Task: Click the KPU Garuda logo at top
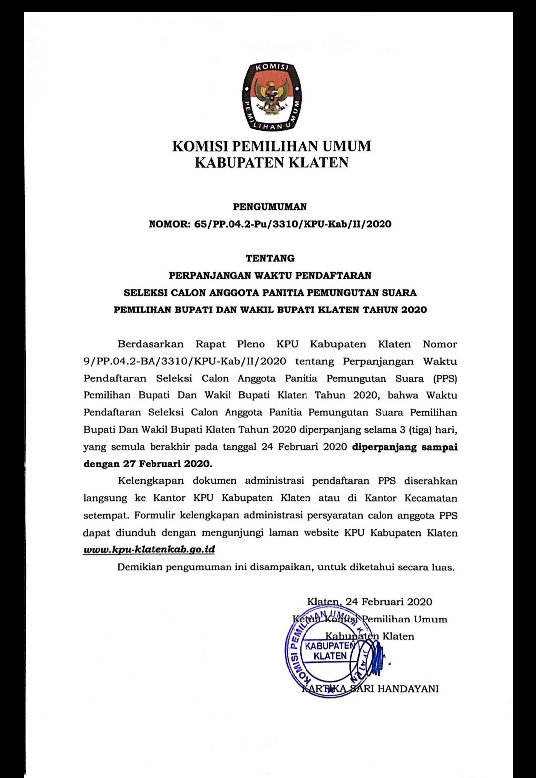(x=271, y=97)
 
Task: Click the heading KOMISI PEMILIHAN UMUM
(x=271, y=146)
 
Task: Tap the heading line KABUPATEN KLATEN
(x=271, y=163)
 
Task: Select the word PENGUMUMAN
(x=270, y=206)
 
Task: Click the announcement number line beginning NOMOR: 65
(x=270, y=224)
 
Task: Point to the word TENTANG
(x=270, y=258)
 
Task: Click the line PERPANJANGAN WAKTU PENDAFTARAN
(x=270, y=275)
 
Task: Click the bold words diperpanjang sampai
(x=404, y=447)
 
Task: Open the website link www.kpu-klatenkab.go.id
(x=149, y=550)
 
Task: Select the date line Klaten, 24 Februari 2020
(x=370, y=602)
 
